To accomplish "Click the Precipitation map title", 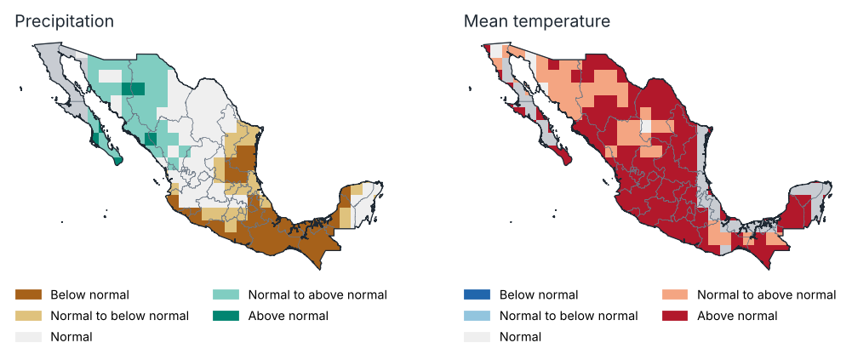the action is tap(64, 22).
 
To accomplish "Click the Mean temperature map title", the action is tap(537, 22).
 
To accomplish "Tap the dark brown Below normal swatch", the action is tap(28, 294).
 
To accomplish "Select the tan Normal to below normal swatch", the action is tap(28, 316).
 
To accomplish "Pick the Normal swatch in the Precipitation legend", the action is tap(28, 337).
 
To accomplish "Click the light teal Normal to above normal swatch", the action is tap(226, 294).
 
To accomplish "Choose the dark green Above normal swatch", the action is tap(226, 316).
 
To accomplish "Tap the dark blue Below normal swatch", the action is tap(477, 294).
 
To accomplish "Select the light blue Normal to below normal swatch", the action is tap(477, 316).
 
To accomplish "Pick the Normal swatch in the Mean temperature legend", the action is tap(477, 337).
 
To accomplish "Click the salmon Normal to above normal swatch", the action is tap(676, 294).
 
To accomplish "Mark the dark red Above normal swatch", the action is tap(676, 316).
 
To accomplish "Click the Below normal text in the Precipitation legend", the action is tap(89, 294).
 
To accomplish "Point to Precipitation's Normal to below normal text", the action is tap(119, 316).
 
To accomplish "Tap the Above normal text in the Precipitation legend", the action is tap(288, 316).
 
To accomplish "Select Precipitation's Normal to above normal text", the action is tap(317, 294).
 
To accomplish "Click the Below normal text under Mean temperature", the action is tap(539, 294).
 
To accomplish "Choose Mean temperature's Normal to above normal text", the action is tap(767, 294).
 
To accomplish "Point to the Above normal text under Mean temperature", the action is tap(737, 316).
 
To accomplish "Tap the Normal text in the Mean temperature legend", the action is tap(520, 337).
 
